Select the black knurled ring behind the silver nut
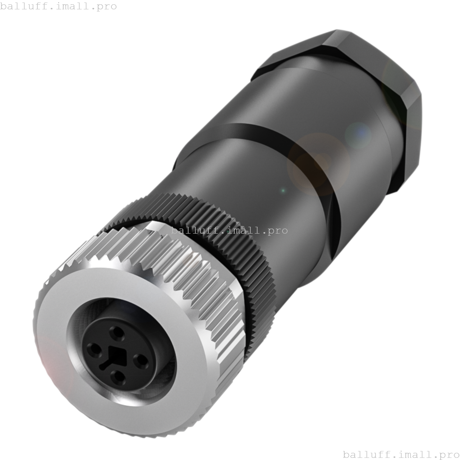click(230, 230)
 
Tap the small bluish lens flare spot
click(358, 135)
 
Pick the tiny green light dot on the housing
click(283, 190)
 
